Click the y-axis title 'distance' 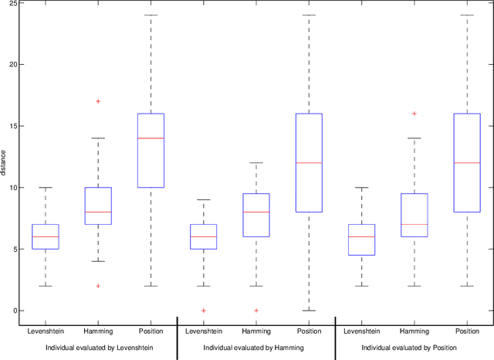5,163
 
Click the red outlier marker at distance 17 98,101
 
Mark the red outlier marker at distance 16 414,114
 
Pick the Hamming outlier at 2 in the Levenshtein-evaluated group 98,286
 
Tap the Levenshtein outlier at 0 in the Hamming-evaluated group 204,311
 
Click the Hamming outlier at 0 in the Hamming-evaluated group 256,311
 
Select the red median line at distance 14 151,138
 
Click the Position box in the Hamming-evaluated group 309,162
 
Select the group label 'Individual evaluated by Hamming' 256,348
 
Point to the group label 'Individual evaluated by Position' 414,348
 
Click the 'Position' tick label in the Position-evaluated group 467,331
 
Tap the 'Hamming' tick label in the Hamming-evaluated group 256,331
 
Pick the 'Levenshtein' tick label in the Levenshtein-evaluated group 46,331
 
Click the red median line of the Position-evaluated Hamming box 414,224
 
